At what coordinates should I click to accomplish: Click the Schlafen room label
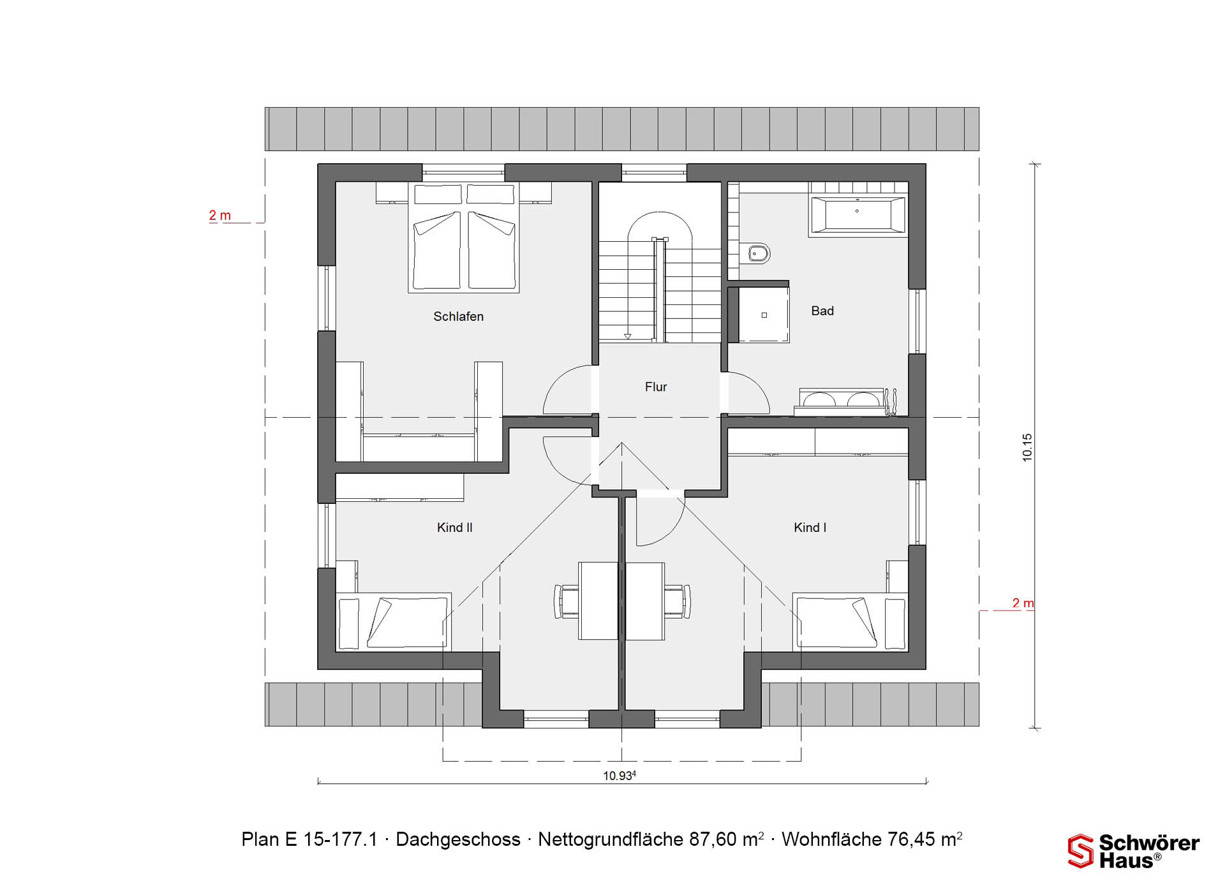(458, 316)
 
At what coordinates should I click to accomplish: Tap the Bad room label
(822, 311)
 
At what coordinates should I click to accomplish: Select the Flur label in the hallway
(656, 387)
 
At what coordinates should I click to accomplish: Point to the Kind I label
(810, 528)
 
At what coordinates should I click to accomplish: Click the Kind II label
(454, 528)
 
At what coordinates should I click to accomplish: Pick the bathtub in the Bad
(857, 214)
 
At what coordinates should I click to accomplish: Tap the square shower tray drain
(764, 315)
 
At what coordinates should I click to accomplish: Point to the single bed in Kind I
(850, 622)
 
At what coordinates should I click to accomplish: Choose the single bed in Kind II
(394, 622)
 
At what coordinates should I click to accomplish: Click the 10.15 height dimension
(1027, 447)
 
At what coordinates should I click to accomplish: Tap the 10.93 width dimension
(620, 776)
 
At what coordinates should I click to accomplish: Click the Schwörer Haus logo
(1134, 851)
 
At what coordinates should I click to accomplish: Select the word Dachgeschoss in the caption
(458, 839)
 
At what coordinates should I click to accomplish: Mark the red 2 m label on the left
(219, 216)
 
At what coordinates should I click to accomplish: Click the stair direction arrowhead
(628, 336)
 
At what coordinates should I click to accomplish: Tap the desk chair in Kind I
(678, 601)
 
